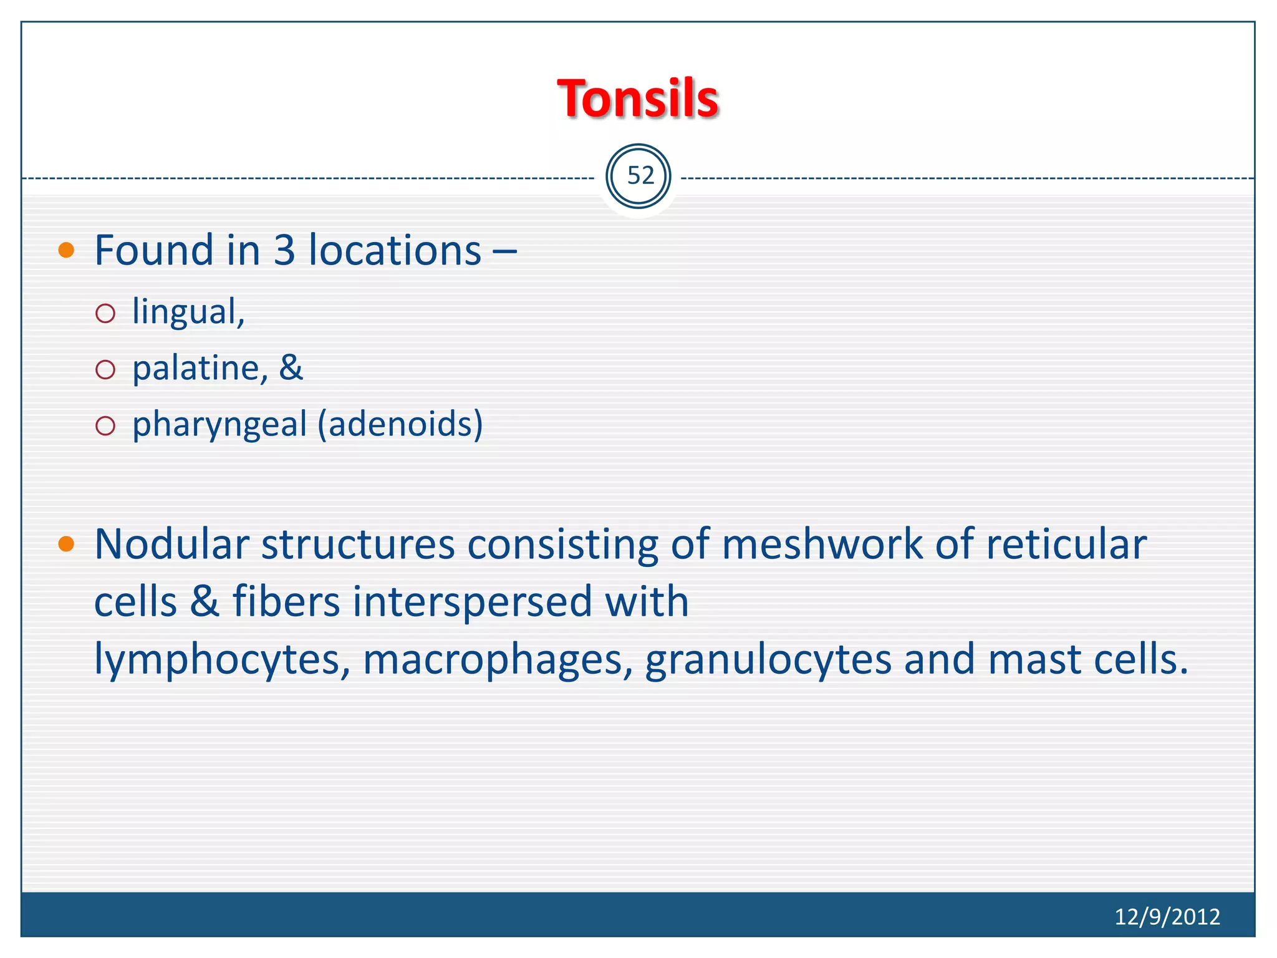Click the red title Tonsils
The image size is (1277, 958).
pos(638,99)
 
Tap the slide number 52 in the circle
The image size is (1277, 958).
pos(639,177)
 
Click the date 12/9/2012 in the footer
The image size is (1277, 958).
pos(1167,916)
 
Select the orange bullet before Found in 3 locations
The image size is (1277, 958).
pos(66,251)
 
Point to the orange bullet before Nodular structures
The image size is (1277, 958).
pos(66,544)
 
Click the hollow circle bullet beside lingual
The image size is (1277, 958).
pos(105,313)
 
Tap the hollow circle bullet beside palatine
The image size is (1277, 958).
pos(105,369)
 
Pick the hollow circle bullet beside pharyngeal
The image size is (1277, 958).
pos(105,426)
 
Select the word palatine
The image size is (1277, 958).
pos(200,368)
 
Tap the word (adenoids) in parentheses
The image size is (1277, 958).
pos(400,424)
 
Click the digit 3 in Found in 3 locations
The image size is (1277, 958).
pos(284,250)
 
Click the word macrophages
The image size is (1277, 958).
pos(493,660)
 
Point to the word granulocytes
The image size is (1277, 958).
pos(768,660)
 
